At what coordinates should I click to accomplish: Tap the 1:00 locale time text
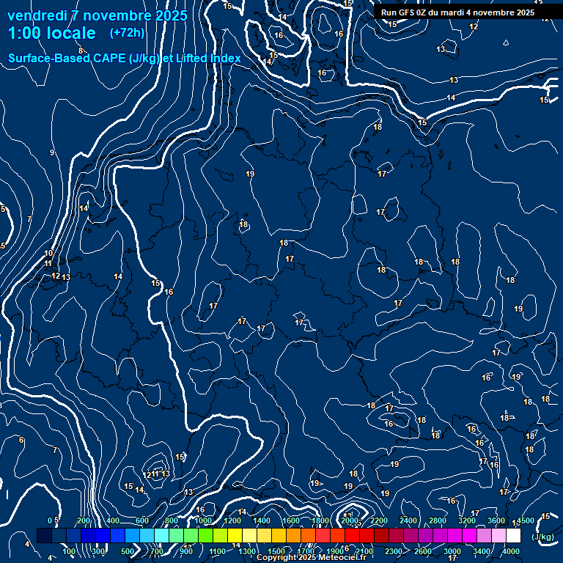[x=51, y=33]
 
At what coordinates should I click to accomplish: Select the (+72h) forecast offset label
[x=127, y=33]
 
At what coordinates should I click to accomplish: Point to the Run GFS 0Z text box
[x=457, y=12]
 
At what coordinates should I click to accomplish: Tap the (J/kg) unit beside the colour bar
[x=543, y=537]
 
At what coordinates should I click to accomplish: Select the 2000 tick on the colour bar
[x=350, y=520]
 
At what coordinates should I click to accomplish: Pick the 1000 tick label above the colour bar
[x=203, y=520]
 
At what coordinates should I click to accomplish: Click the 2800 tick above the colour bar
[x=438, y=520]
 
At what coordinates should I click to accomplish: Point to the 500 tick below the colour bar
[x=128, y=551]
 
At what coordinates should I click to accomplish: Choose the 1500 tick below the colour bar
[x=276, y=551]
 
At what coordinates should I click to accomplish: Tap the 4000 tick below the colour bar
[x=511, y=551]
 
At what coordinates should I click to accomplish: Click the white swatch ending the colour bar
[x=513, y=536]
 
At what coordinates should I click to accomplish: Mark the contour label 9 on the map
[x=52, y=152]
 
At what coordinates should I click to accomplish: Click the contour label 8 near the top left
[x=81, y=51]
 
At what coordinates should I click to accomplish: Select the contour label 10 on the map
[x=48, y=253]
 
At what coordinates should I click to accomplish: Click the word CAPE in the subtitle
[x=108, y=58]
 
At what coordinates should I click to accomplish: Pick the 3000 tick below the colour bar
[x=452, y=551]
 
